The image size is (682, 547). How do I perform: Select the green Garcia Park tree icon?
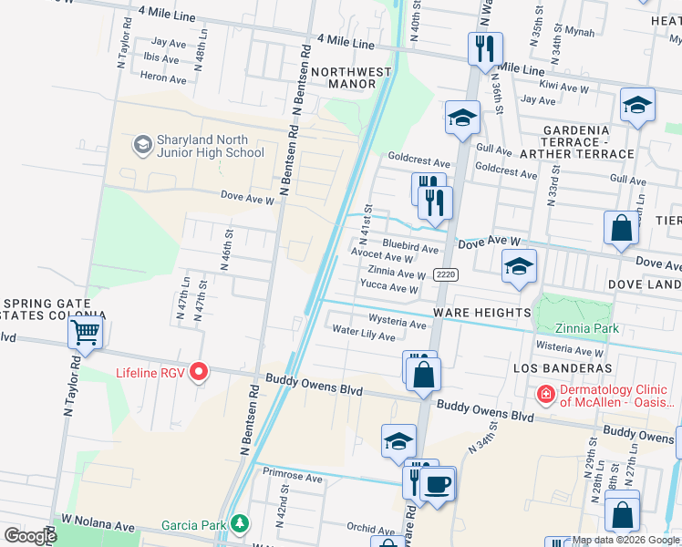pos(239,524)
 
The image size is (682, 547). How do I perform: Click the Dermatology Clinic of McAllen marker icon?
pos(544,394)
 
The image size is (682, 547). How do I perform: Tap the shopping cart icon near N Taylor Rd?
pos(86,333)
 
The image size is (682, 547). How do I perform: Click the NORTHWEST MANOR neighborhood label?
pos(343,77)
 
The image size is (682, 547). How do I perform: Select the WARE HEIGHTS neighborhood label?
pos(481,313)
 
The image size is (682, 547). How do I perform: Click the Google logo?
pos(29,536)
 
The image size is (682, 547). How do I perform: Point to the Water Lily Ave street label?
pos(364,334)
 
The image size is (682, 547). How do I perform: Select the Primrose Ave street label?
pos(293,477)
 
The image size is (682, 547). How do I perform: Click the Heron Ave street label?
pos(164,78)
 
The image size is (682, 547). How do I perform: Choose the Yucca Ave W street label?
pos(389,289)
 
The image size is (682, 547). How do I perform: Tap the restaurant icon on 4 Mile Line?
pos(485,46)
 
